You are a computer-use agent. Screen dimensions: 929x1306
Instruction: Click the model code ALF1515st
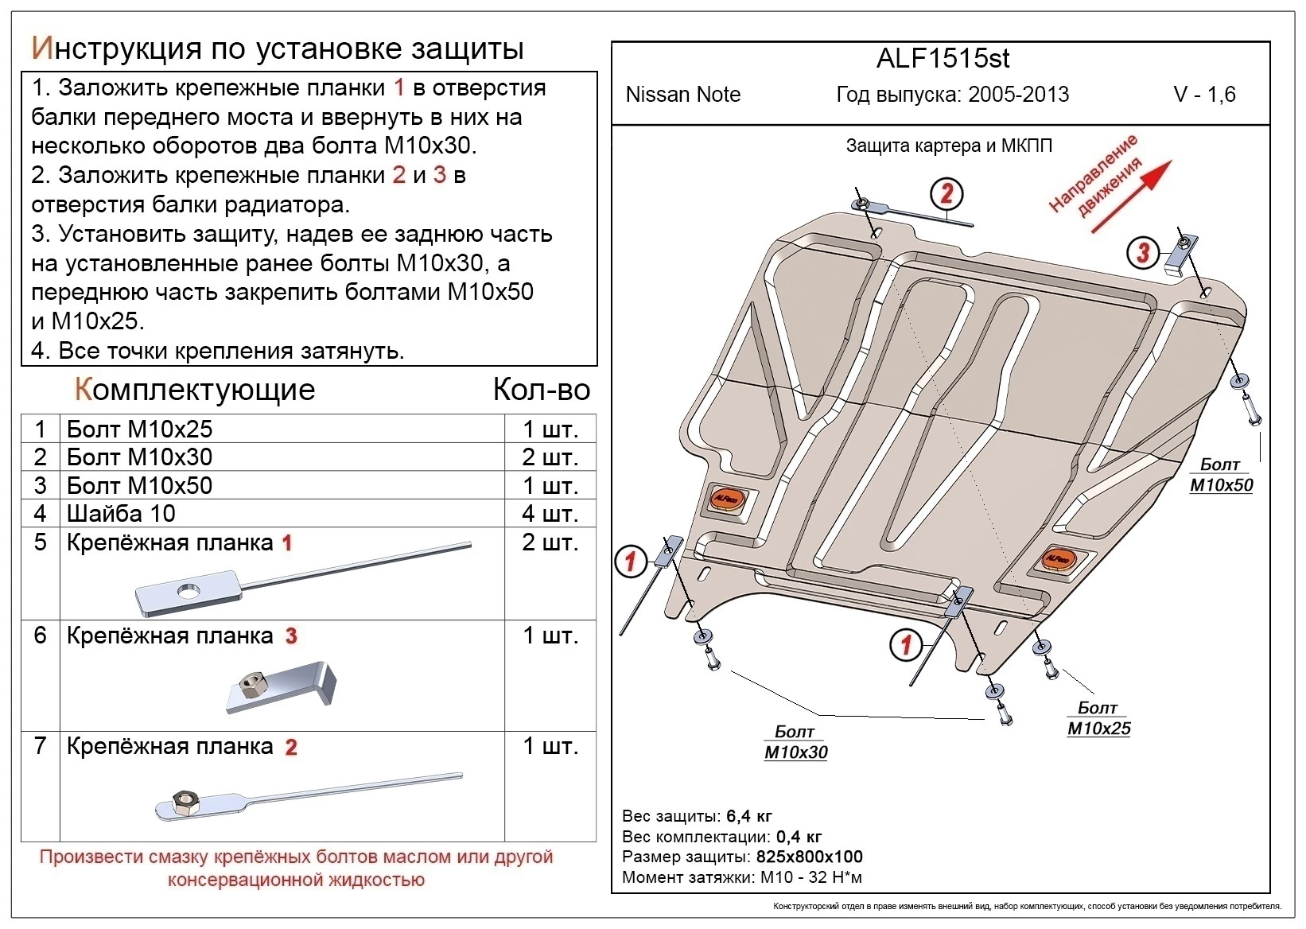[x=943, y=59]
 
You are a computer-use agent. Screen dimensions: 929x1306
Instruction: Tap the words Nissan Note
[x=682, y=95]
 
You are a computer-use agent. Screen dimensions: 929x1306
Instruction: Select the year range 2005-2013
[x=1018, y=95]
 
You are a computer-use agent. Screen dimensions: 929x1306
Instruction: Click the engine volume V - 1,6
[x=1204, y=95]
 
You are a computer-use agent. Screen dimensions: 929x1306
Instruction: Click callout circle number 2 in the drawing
[x=946, y=193]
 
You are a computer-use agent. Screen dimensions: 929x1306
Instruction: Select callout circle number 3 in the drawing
[x=1143, y=253]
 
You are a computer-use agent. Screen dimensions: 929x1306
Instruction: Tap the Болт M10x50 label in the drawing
[x=1221, y=475]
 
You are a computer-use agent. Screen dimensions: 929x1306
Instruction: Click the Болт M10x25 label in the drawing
[x=1098, y=718]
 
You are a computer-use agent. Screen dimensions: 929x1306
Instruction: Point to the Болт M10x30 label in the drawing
[x=795, y=742]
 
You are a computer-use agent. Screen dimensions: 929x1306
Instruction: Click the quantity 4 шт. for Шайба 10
[x=549, y=514]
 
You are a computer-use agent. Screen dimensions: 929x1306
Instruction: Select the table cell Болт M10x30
[x=140, y=457]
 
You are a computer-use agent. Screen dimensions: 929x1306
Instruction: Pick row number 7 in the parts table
[x=41, y=746]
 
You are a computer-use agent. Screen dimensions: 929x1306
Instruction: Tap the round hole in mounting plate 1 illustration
[x=189, y=589]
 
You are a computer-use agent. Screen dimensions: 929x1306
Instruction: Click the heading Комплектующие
[x=195, y=390]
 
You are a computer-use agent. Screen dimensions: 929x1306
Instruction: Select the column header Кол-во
[x=541, y=390]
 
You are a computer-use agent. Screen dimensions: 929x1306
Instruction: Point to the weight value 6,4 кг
[x=748, y=816]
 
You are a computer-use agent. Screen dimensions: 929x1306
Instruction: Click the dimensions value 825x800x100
[x=808, y=857]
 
